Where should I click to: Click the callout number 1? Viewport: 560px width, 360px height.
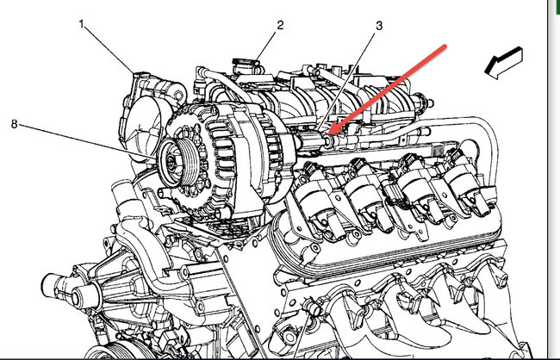84,25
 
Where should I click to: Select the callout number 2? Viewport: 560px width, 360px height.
280,25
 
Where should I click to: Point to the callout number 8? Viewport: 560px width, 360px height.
15,123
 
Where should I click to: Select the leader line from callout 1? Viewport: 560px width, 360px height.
112,50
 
